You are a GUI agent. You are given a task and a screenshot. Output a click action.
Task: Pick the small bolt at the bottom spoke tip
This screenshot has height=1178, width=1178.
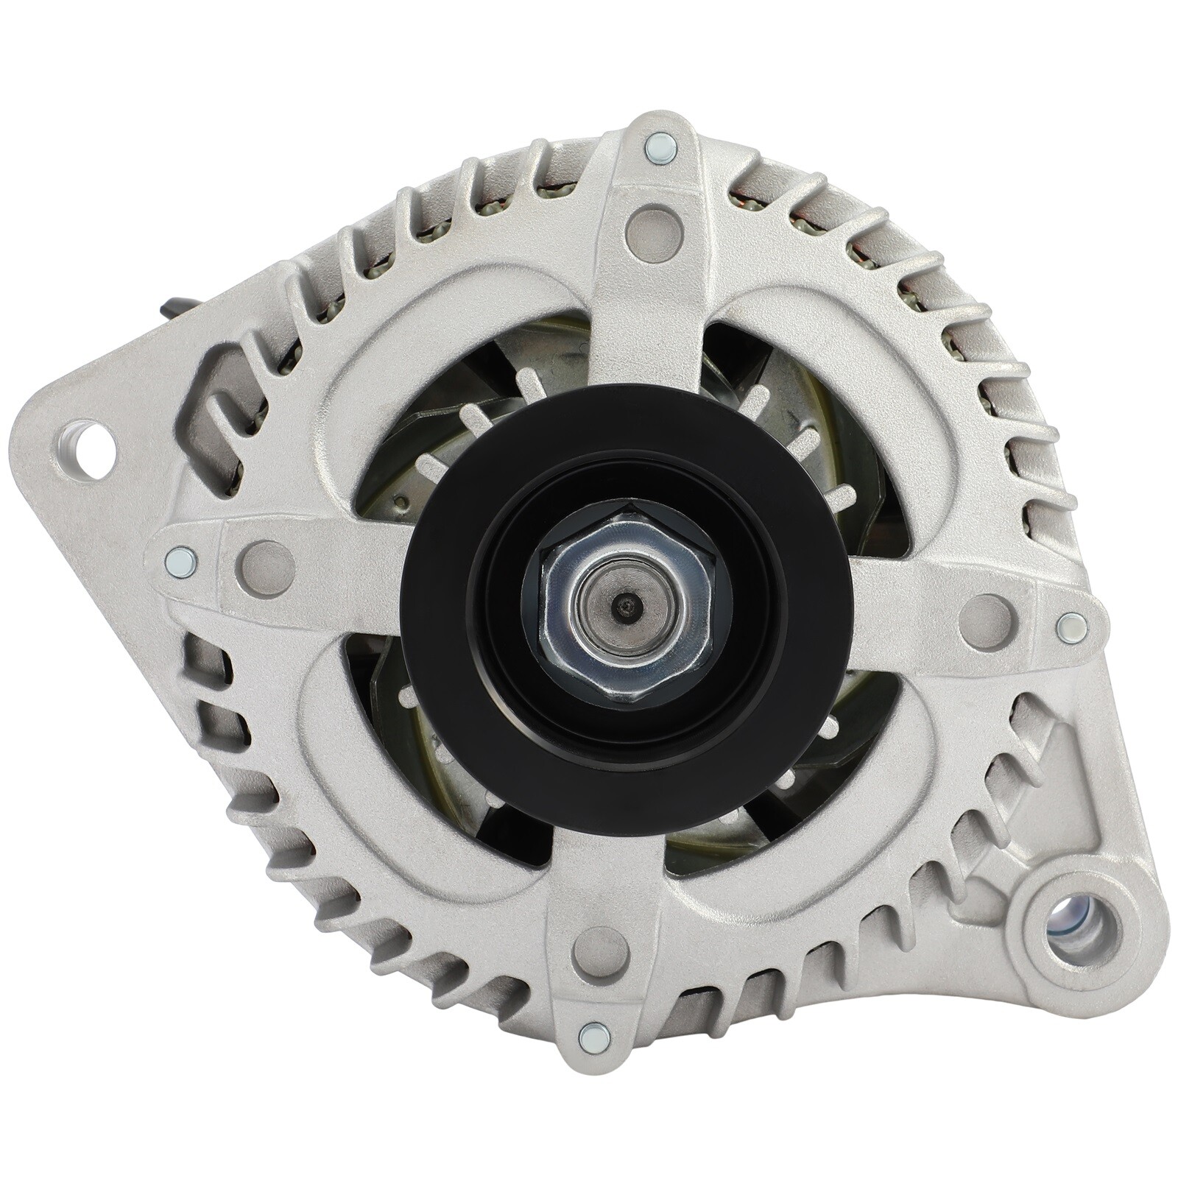click(x=594, y=1037)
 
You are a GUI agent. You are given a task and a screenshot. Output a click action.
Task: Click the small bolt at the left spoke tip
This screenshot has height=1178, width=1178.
click(x=181, y=562)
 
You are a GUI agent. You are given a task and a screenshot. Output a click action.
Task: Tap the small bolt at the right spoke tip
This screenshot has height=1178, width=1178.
click(x=1071, y=627)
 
